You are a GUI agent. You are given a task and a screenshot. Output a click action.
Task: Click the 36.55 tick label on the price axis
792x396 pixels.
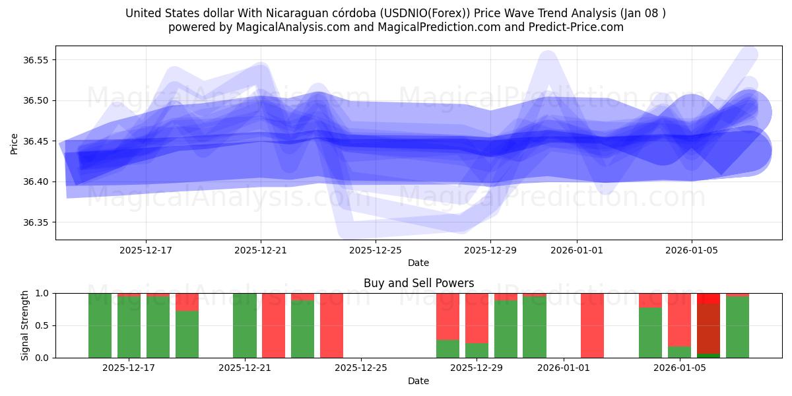point(36,60)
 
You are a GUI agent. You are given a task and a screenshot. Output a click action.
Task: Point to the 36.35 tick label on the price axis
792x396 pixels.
point(36,222)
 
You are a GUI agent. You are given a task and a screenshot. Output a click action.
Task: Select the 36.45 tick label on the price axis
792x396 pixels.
point(36,141)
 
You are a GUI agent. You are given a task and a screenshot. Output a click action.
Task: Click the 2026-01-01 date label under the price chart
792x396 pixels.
point(577,250)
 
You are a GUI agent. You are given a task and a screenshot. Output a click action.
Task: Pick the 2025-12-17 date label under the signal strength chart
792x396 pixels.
point(129,368)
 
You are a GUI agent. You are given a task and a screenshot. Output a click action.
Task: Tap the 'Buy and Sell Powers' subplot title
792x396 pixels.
point(418,283)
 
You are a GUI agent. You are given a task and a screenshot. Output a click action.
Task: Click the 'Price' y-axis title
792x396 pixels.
point(15,143)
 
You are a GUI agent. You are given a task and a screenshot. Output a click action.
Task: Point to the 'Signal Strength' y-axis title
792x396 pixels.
point(25,325)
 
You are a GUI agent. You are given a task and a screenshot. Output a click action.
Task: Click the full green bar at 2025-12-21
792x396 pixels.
point(245,325)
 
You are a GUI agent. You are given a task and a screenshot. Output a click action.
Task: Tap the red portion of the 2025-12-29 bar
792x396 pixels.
point(477,317)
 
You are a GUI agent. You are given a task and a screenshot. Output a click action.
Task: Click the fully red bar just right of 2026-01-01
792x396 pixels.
point(592,325)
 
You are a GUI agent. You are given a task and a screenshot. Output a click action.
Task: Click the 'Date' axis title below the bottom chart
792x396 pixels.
point(418,381)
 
